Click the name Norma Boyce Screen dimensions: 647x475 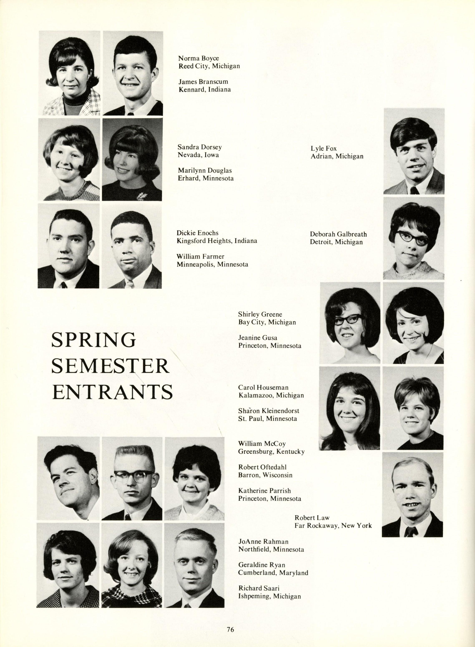coord(198,59)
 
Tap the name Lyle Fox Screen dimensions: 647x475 coord(323,149)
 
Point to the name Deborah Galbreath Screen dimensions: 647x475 coord(338,234)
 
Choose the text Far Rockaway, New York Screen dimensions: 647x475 coord(333,526)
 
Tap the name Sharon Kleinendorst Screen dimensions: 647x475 coord(269,411)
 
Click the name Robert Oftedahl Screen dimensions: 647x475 coord(262,467)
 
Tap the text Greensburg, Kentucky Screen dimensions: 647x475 coord(271,451)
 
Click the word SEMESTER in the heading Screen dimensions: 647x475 coord(110,366)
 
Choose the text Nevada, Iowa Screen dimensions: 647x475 coord(198,155)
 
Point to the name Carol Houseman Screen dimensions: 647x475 coord(263,388)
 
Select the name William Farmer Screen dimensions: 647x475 coord(200,256)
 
